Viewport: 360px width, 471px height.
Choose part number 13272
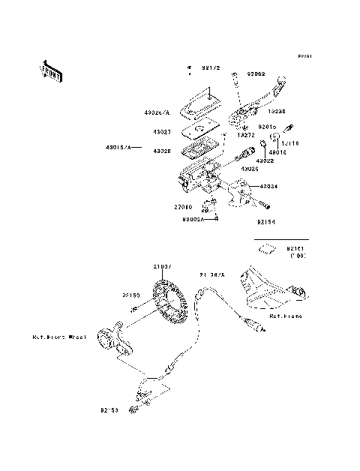[x=247, y=136]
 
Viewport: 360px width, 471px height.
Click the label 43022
[x=265, y=160]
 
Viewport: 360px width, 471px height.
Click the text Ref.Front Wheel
[x=60, y=337]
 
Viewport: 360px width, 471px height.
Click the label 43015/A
[x=118, y=148]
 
